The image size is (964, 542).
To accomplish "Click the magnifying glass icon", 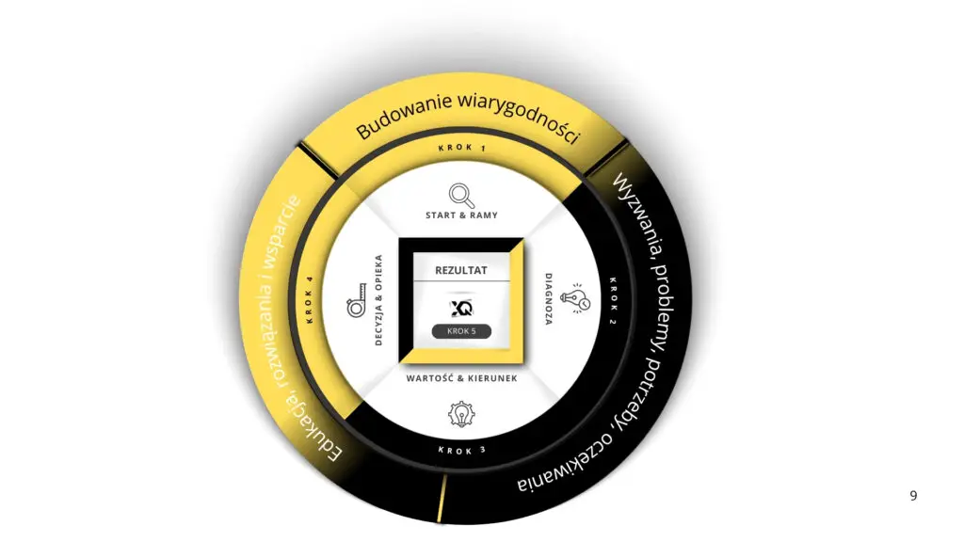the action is click(461, 196).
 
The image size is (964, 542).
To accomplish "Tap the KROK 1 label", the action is click(462, 148).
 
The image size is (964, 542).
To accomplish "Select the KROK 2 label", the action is click(612, 301).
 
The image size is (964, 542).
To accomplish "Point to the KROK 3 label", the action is click(462, 451).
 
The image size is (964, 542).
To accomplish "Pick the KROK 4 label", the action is click(309, 300).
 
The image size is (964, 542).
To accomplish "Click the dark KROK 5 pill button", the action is click(461, 331).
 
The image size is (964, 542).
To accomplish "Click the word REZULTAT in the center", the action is click(461, 270).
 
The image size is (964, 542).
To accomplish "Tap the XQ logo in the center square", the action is click(461, 308).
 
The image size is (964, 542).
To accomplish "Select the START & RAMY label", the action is click(461, 215).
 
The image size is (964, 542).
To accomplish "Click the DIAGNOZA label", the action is click(549, 298).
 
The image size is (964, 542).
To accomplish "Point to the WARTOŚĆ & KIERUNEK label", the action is click(461, 378).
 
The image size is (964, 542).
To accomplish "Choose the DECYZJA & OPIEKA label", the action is click(378, 300).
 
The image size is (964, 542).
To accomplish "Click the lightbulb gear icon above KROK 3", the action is click(461, 414).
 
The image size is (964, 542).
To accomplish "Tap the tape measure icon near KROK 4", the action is click(357, 300).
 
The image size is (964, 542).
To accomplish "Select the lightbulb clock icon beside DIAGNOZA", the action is click(576, 298).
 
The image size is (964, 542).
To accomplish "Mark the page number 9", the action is click(913, 496).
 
